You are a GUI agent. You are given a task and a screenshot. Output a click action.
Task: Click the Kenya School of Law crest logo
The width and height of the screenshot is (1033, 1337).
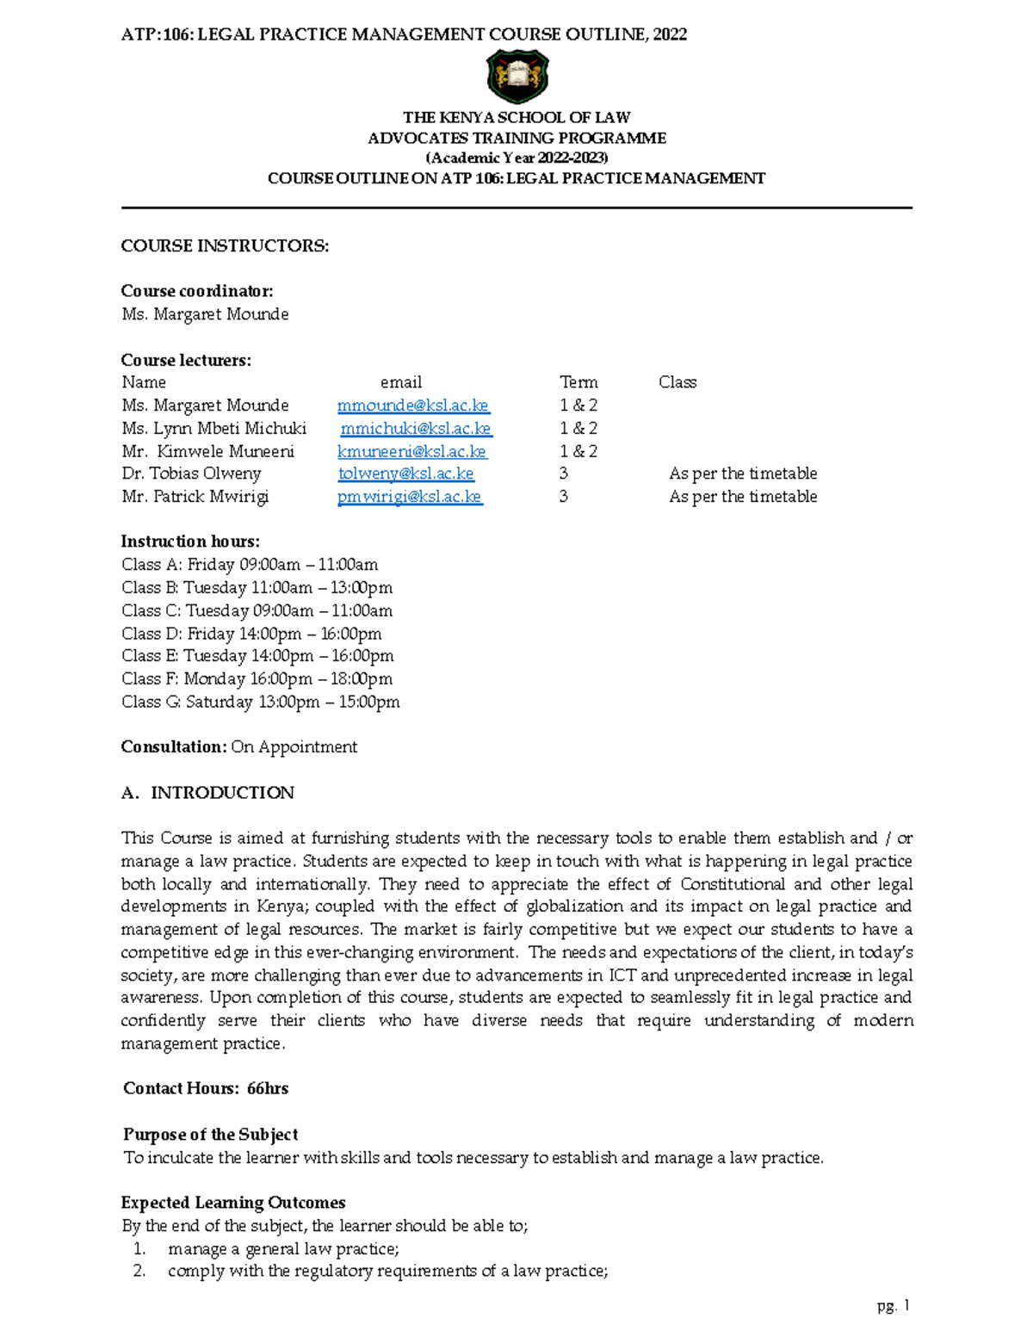click(516, 76)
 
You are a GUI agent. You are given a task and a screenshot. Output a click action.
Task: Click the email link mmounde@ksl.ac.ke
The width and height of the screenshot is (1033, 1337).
click(413, 405)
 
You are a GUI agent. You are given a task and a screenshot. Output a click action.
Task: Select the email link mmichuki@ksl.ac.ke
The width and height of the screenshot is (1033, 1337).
click(416, 429)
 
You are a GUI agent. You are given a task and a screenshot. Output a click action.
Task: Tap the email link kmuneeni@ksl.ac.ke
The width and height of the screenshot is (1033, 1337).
click(411, 451)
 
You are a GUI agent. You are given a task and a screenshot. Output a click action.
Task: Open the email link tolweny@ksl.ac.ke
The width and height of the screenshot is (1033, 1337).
click(405, 474)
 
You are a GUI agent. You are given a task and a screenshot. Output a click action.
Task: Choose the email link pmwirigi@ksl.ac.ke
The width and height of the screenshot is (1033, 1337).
click(410, 497)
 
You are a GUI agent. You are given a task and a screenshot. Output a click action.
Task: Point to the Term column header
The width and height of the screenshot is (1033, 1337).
click(578, 382)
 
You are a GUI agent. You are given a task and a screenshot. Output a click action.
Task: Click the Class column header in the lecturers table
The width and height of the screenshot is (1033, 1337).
click(677, 382)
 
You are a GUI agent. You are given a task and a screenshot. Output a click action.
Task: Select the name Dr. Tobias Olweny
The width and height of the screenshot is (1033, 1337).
click(191, 474)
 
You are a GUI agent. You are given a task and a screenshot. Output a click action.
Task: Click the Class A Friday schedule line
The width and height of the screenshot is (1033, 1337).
click(250, 565)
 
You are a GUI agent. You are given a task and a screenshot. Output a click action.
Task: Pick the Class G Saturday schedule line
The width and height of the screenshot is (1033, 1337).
click(260, 702)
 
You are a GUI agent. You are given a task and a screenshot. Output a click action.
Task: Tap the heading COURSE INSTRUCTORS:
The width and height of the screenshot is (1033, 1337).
click(225, 246)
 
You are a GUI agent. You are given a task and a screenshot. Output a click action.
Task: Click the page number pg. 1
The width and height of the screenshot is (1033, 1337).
click(893, 1306)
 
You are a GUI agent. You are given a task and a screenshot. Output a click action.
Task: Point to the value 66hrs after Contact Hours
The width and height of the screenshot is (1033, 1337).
click(267, 1088)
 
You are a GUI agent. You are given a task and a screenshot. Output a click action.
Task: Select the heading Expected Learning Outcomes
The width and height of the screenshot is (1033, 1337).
click(233, 1203)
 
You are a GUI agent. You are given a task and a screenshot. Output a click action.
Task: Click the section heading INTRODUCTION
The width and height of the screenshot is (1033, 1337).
click(222, 793)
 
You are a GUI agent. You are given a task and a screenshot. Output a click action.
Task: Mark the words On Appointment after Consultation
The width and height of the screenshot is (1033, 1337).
click(294, 747)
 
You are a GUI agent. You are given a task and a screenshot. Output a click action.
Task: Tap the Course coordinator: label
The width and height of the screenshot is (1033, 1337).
click(197, 291)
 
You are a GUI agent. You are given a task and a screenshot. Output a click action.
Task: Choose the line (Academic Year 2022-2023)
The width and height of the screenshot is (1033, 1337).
click(516, 158)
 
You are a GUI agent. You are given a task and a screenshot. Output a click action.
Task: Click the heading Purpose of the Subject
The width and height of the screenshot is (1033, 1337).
click(211, 1135)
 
